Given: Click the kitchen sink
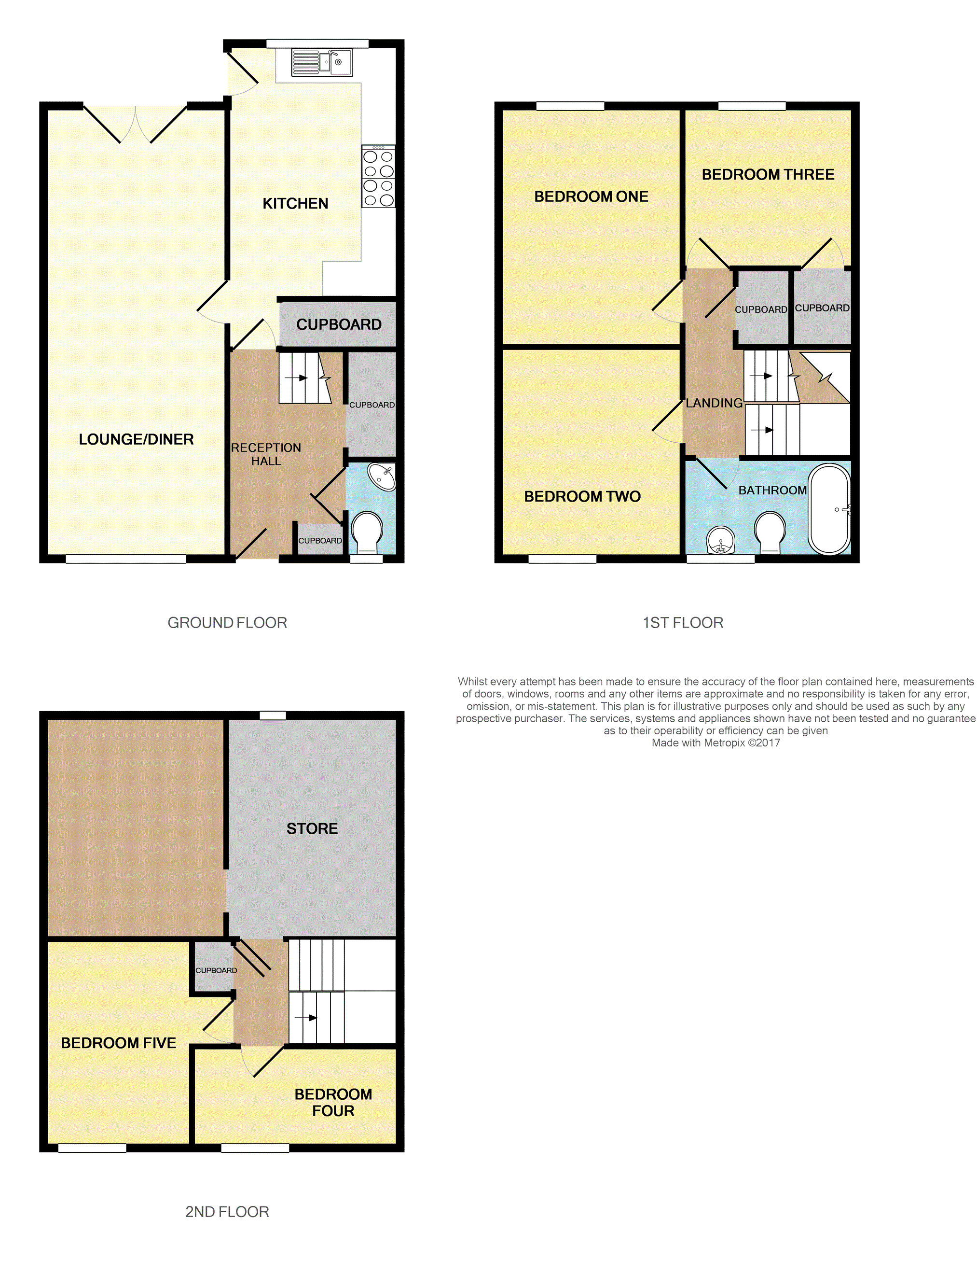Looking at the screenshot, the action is click(321, 62).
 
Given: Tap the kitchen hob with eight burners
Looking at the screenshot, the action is click(379, 176).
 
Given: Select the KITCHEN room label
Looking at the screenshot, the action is click(295, 203).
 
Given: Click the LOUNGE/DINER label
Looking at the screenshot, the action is click(136, 439).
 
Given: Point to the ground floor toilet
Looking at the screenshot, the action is click(367, 532).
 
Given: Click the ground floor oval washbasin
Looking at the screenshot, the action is click(382, 477).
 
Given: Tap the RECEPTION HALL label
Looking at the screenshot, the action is click(266, 454).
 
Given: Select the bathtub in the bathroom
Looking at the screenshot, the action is click(829, 509).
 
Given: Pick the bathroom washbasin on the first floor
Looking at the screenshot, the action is click(721, 540).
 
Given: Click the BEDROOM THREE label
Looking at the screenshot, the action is click(768, 174).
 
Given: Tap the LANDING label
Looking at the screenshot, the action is click(715, 403).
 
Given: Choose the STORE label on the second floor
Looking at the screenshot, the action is click(312, 828).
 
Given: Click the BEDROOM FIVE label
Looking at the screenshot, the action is click(118, 1043).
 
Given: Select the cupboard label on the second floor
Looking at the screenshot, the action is click(216, 970).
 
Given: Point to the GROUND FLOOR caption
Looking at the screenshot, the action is click(227, 622).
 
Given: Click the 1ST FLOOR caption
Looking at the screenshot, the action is click(683, 622).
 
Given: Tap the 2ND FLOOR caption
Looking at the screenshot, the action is click(227, 1211).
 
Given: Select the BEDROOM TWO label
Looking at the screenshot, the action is click(582, 497).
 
